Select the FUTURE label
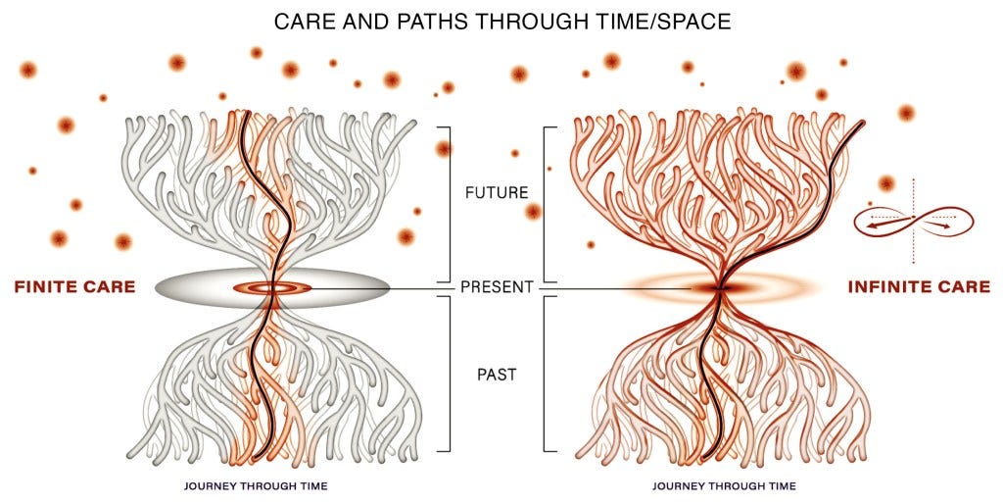tap(497, 193)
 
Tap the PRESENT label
tap(497, 288)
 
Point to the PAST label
tap(497, 374)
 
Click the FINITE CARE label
tap(73, 287)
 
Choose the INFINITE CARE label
tap(919, 287)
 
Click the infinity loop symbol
tap(913, 222)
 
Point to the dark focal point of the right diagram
tap(719, 288)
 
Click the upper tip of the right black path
tap(865, 123)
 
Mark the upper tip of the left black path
tap(244, 113)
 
